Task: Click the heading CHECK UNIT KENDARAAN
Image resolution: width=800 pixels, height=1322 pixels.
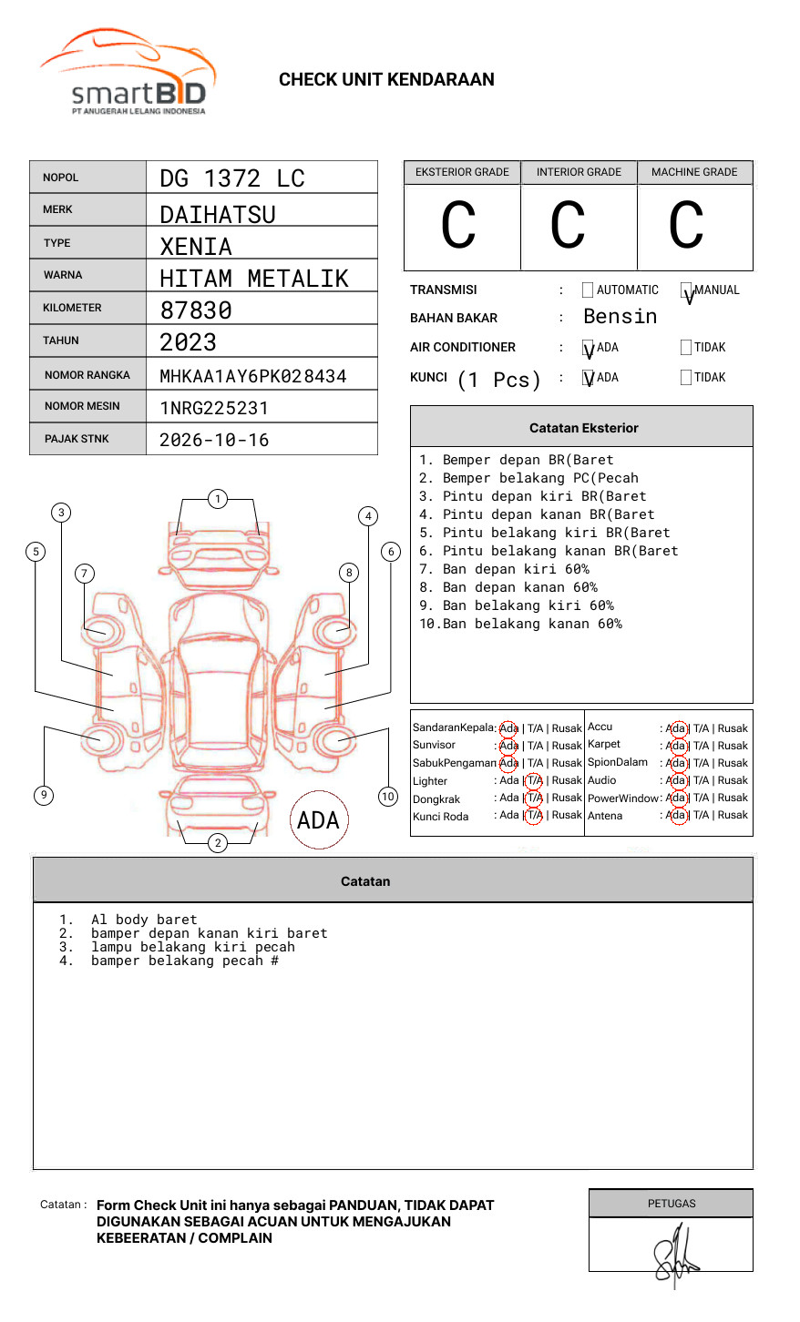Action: coord(386,80)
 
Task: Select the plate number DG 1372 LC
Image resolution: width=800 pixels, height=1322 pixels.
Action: coord(232,178)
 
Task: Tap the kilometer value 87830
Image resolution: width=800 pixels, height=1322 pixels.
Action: coord(196,310)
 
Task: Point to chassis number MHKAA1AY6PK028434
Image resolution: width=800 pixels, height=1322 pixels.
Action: coord(253,376)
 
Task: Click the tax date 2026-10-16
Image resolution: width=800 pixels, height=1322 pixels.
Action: coord(214,441)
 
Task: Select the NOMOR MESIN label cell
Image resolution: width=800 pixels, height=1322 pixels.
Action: coord(87,406)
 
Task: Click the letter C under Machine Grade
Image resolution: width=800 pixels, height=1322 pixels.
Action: coord(686,226)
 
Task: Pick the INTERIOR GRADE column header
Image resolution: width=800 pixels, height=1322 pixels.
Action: coord(579,172)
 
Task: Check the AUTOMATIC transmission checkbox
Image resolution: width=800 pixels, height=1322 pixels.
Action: coord(588,290)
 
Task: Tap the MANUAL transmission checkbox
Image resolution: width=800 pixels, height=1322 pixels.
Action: coord(686,290)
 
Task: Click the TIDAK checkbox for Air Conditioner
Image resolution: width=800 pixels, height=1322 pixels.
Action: coord(686,348)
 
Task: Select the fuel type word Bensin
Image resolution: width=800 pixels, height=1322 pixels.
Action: coord(620,317)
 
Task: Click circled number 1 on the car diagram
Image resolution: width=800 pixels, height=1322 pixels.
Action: coord(217,499)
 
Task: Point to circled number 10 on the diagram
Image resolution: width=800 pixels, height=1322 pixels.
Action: coord(388,797)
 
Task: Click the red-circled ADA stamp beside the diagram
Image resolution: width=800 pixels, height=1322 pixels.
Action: coord(318,820)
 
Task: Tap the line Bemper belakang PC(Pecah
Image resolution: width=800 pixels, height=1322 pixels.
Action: coord(528,478)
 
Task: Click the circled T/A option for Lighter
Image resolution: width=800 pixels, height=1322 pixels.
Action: coord(534,780)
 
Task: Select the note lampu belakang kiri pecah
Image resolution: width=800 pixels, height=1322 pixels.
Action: coord(192,947)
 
